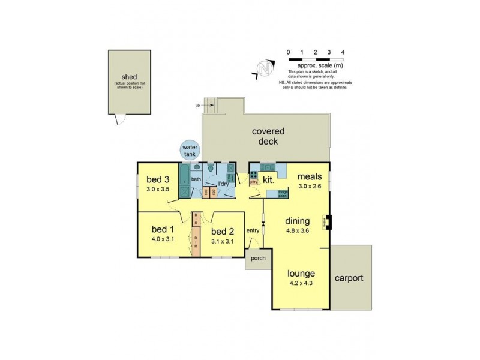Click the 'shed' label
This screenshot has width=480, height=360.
pyautogui.click(x=129, y=77)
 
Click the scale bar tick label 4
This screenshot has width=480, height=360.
pyautogui.click(x=342, y=52)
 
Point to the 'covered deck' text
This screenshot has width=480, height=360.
pyautogui.click(x=268, y=137)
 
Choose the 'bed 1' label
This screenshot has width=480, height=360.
pyautogui.click(x=163, y=229)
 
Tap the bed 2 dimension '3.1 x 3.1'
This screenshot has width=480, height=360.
pyautogui.click(x=222, y=241)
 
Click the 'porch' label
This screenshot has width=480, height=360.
pyautogui.click(x=258, y=259)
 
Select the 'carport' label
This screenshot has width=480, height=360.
pyautogui.click(x=349, y=278)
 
